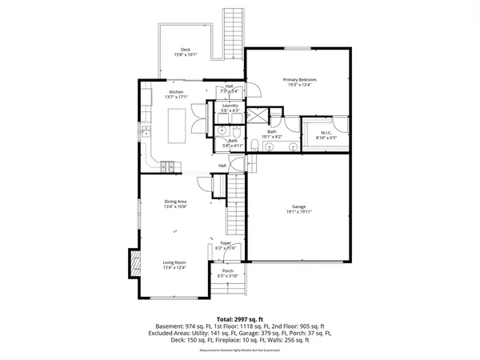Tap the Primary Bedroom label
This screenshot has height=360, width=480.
pyautogui.click(x=298, y=80)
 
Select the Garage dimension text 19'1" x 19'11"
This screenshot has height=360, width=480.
pyautogui.click(x=298, y=212)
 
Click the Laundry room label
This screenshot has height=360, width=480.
pyautogui.click(x=230, y=106)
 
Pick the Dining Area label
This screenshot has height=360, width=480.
pyautogui.click(x=175, y=202)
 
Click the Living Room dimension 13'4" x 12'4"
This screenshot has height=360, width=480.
pyautogui.click(x=175, y=267)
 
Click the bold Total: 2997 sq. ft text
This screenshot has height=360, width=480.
pyautogui.click(x=239, y=318)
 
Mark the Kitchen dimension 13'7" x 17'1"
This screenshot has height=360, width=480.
pyautogui.click(x=176, y=97)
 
